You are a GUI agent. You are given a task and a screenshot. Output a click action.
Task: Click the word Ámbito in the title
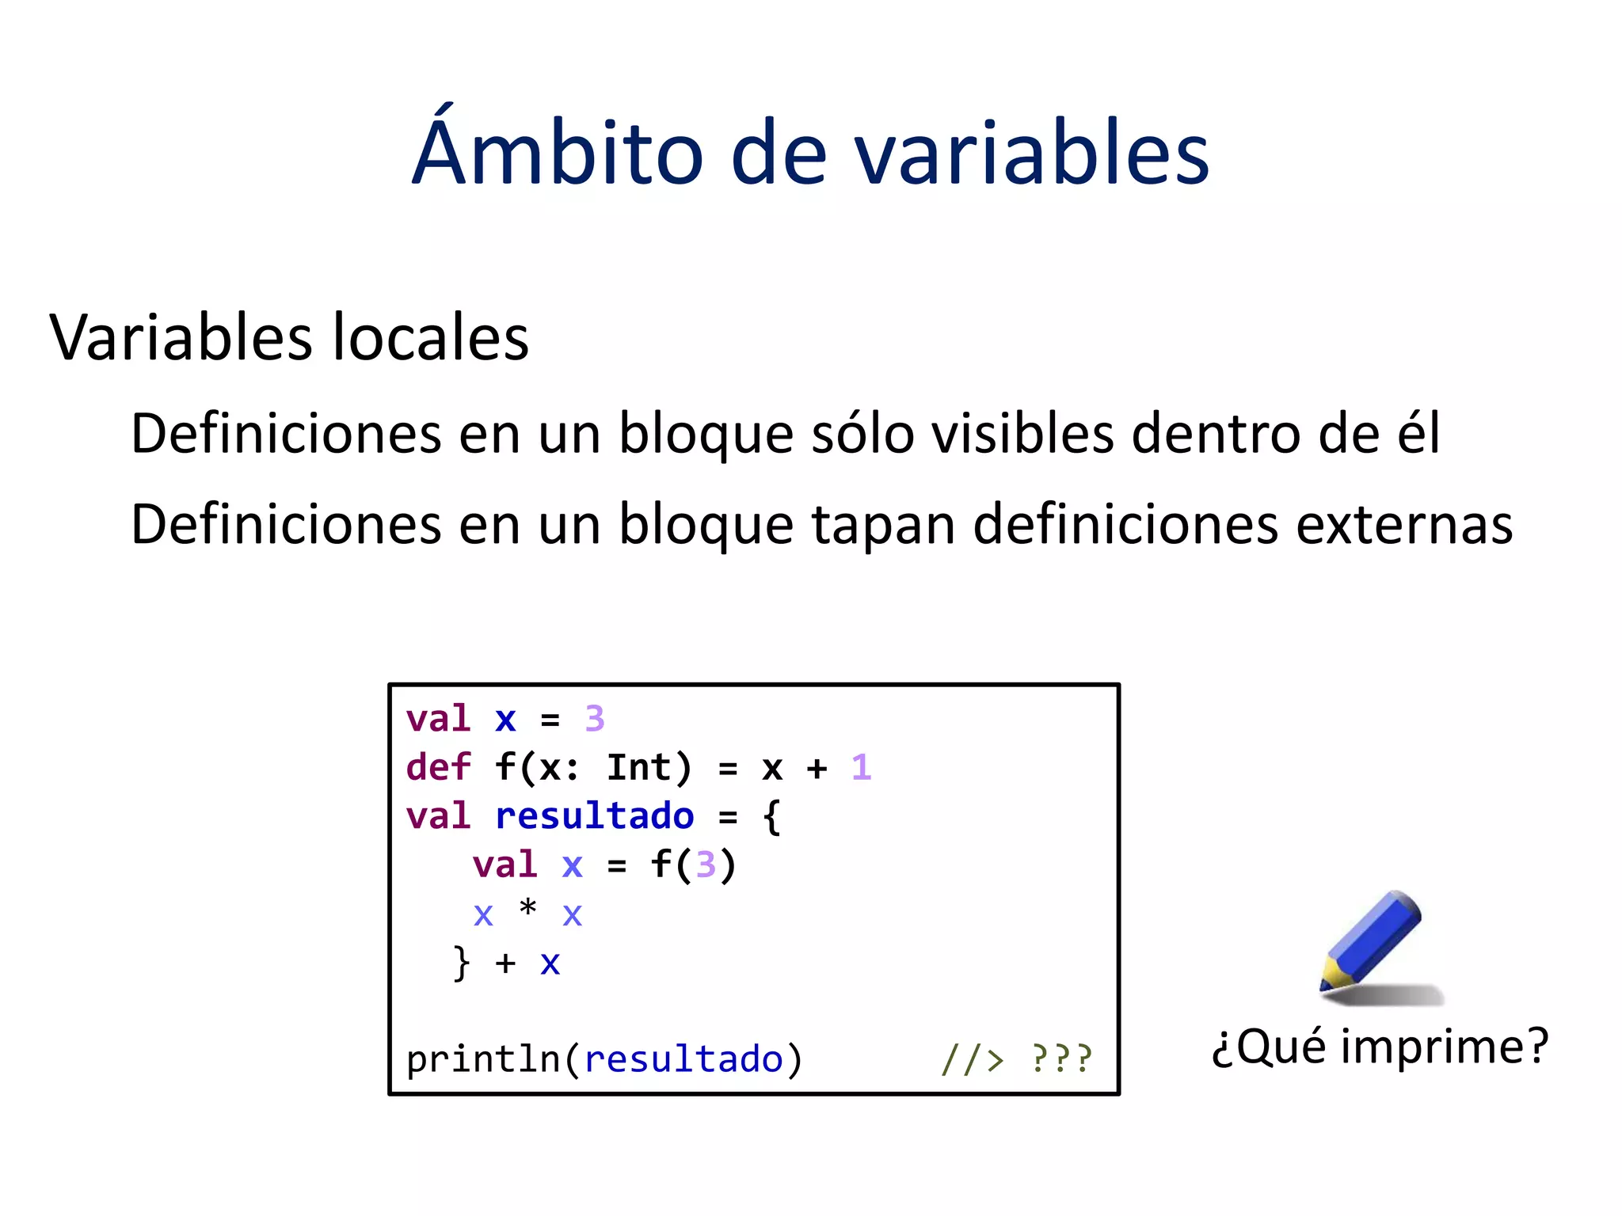coord(558,150)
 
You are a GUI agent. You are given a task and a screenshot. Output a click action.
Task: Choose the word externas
coord(1403,524)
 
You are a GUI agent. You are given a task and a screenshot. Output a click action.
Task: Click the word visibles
coord(1022,433)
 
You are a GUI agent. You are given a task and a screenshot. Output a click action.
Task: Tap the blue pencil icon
coord(1374,942)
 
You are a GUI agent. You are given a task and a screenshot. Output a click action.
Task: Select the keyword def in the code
coord(438,768)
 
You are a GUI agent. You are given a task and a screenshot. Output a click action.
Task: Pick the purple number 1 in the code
coord(861,768)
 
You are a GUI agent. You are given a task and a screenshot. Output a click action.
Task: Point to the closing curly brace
coord(461,963)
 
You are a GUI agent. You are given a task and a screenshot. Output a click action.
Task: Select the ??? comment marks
coord(1061,1058)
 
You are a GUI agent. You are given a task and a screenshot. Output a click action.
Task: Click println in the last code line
coord(483,1058)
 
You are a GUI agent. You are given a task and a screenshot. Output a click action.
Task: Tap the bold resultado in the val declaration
coord(594,816)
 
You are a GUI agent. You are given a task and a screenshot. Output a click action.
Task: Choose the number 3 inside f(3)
coord(705,865)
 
